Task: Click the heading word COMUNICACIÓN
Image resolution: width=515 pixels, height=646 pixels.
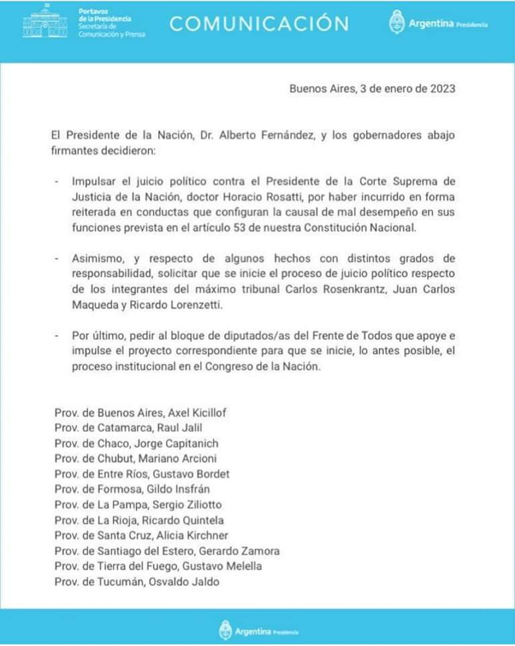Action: pos(259,24)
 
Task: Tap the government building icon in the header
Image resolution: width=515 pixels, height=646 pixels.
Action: pos(44,24)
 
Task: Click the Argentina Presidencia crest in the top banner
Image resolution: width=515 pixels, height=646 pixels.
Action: pos(397,23)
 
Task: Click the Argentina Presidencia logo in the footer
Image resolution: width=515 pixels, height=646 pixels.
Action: pos(259,631)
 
